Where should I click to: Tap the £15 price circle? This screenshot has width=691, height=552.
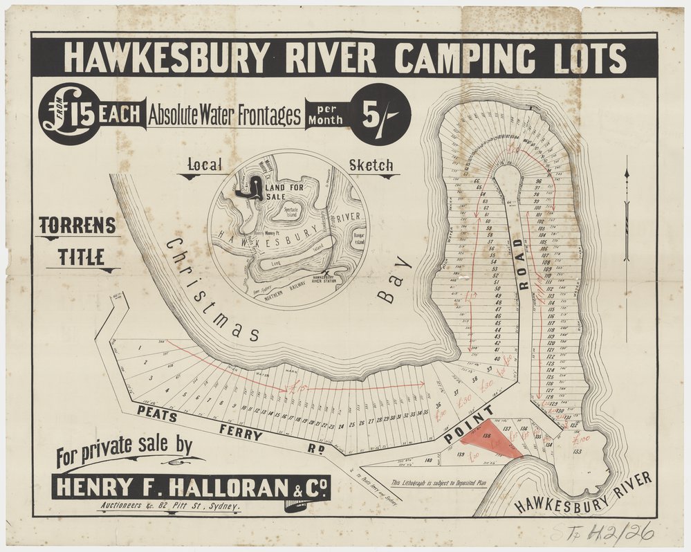(x=69, y=113)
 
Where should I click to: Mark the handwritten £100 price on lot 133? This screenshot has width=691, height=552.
(x=581, y=439)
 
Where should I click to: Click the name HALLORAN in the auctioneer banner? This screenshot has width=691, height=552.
(x=222, y=487)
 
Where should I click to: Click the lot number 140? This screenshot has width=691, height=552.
(x=428, y=459)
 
